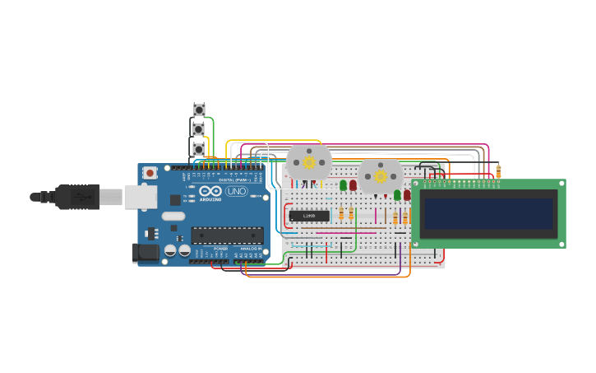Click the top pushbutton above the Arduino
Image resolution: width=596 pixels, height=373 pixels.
click(199, 110)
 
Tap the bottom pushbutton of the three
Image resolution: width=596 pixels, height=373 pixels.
click(199, 149)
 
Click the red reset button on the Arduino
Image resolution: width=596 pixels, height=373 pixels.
click(150, 173)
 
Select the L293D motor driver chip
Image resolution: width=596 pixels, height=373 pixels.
click(309, 216)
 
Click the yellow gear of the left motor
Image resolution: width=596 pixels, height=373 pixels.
click(309, 163)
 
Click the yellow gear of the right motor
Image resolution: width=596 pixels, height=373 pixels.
click(381, 176)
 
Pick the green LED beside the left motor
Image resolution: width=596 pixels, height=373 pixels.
click(344, 185)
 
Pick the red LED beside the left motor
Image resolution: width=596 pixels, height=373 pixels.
click(353, 185)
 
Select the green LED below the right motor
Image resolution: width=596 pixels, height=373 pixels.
click(397, 195)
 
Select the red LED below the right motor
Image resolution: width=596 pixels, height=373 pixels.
click(407, 195)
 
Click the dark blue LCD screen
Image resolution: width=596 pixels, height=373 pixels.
click(488, 213)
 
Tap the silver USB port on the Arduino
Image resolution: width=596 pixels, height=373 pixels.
click(141, 197)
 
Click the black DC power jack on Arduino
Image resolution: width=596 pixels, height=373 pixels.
click(146, 253)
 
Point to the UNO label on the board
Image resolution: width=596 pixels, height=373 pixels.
click(236, 191)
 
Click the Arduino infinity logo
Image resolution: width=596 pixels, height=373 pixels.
click(210, 191)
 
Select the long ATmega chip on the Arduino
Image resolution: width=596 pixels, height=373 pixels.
click(227, 235)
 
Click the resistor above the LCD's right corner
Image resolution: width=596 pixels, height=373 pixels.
click(498, 172)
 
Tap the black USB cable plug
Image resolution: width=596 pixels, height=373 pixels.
click(77, 197)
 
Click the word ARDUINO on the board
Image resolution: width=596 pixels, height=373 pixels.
click(210, 200)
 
